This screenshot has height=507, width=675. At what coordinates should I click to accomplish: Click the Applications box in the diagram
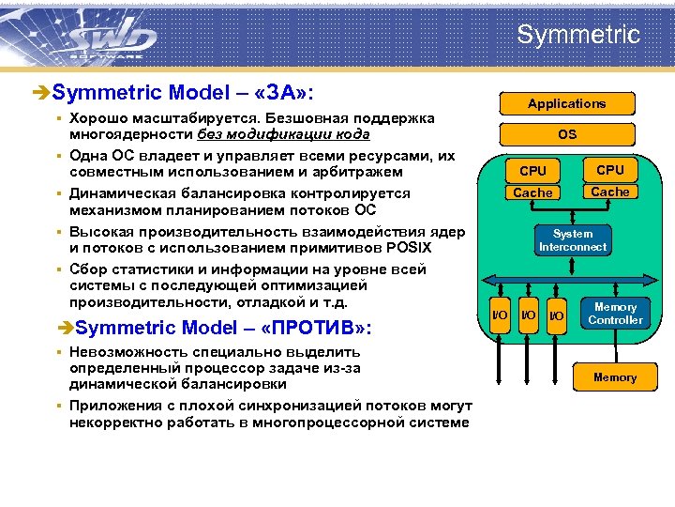click(566, 103)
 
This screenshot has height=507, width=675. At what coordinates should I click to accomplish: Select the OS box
click(566, 134)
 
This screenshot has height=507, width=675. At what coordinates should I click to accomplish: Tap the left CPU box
click(532, 171)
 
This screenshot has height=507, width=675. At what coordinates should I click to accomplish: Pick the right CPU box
click(609, 170)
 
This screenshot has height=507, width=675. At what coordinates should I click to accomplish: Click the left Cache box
click(532, 192)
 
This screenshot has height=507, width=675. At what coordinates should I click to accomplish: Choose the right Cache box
click(609, 192)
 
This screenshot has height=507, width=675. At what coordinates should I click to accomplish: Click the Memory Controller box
click(615, 314)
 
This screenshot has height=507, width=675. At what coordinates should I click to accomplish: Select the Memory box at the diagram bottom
click(614, 377)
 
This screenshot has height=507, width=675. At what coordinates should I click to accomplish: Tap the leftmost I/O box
click(502, 315)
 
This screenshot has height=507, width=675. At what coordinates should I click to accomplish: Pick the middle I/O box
click(529, 315)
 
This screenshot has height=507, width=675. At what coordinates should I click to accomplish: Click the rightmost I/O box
click(556, 315)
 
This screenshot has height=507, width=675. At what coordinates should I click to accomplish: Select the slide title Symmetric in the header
click(577, 36)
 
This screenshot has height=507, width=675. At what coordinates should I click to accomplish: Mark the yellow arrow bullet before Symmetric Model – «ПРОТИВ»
click(63, 329)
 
